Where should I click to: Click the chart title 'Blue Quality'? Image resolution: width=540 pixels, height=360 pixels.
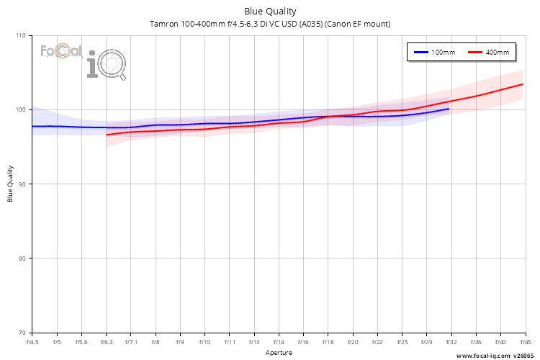270,11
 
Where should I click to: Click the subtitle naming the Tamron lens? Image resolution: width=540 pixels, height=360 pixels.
270,24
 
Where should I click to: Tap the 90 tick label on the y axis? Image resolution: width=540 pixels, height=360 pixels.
22,184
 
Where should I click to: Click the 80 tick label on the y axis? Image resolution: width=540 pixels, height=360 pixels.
22,258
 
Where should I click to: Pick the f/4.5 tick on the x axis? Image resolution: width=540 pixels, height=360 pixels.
32,342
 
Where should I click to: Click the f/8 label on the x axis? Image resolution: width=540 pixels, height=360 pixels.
156,342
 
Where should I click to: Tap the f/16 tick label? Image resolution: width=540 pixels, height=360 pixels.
303,342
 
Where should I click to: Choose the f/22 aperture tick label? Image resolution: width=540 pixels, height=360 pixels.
377,342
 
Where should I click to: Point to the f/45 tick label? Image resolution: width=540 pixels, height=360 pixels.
523,342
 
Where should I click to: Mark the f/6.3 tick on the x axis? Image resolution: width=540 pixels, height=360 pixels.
107,342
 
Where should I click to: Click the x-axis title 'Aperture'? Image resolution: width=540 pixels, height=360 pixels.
279,353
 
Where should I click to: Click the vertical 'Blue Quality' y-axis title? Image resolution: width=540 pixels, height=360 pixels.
11,184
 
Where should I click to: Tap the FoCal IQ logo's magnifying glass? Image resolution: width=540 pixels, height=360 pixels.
113,66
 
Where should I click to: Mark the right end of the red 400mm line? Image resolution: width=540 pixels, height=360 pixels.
523,84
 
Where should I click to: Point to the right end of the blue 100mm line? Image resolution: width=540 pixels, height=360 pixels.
449,109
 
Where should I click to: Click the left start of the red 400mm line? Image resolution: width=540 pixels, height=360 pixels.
107,135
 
